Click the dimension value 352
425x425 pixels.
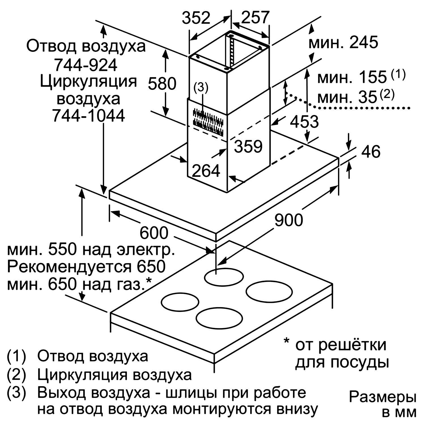click(196, 18)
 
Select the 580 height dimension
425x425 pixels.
click(162, 84)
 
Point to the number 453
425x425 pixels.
click(304, 122)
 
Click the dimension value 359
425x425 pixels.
click(248, 146)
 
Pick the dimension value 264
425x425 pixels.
click(206, 171)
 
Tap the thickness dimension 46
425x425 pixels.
click(371, 151)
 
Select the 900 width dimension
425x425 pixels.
click(289, 220)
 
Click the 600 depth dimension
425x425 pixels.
click(154, 233)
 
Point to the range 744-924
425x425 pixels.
click(86, 65)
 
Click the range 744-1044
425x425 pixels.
click(88, 116)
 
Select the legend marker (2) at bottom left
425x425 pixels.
click(16, 375)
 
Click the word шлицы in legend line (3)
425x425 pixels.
click(192, 393)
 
